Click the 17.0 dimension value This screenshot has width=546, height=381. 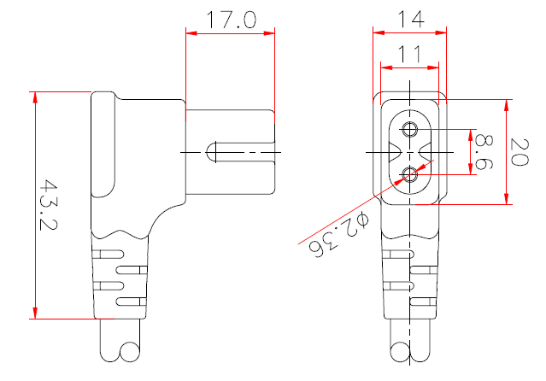point(228,20)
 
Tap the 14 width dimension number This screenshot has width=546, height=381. point(409,19)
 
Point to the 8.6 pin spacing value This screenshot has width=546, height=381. point(484,151)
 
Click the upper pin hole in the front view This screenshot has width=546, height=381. point(409,130)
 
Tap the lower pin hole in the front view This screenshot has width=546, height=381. point(409,174)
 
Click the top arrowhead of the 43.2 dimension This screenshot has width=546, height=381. point(36,97)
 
